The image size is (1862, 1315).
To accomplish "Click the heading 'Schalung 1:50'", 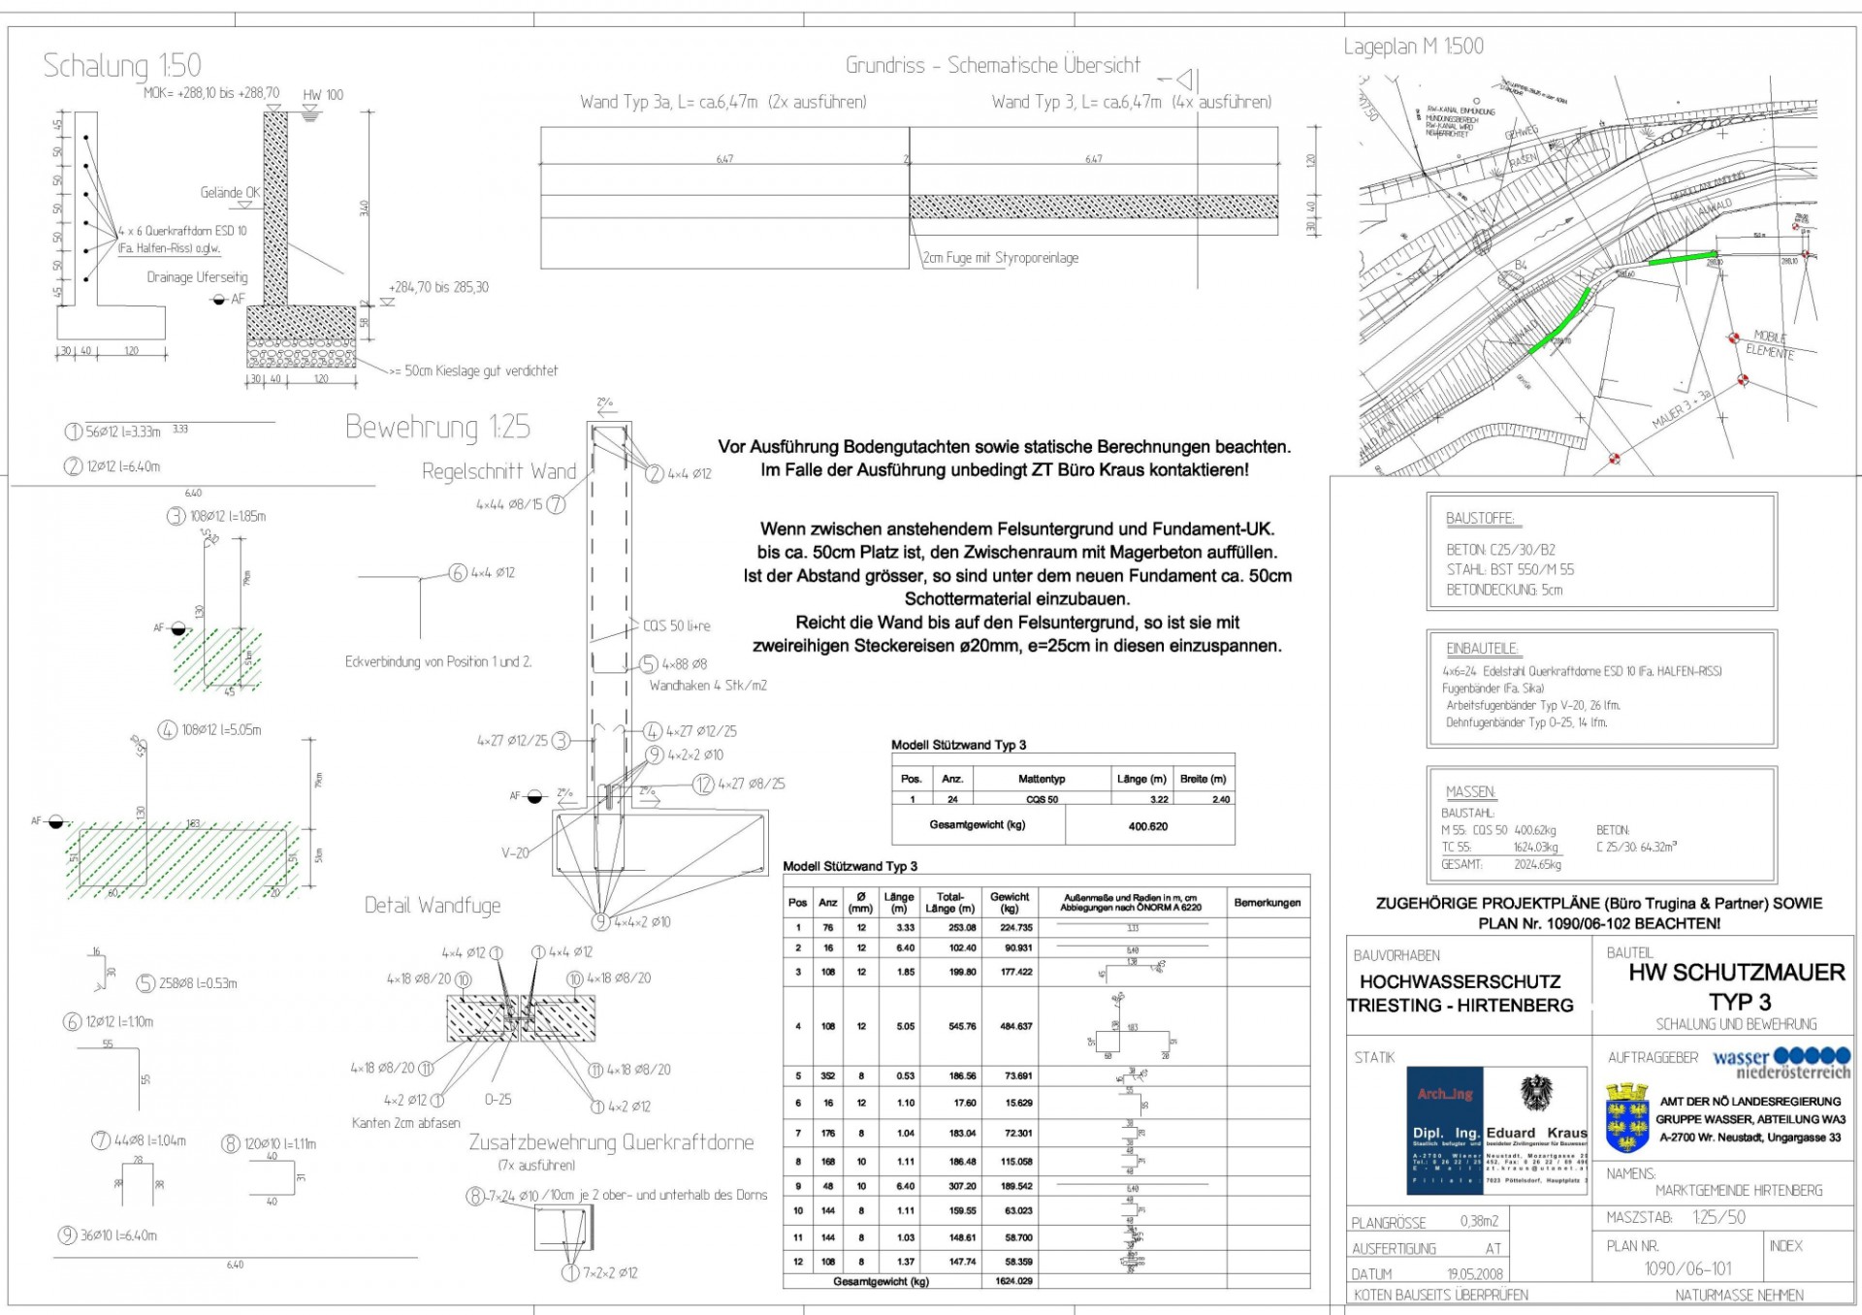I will click(122, 66).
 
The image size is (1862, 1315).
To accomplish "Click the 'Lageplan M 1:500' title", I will click(1413, 47).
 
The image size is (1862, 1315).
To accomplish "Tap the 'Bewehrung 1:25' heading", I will click(437, 427).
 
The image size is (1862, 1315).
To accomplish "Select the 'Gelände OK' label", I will click(230, 193).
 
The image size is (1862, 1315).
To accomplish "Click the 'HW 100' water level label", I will click(323, 95).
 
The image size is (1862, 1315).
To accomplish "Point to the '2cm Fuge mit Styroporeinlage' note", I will click(1000, 258).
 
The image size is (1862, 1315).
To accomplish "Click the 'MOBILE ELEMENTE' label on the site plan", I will click(1771, 344).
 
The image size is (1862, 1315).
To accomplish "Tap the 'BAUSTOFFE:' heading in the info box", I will click(1480, 519).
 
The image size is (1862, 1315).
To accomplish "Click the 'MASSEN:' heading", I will click(1471, 792).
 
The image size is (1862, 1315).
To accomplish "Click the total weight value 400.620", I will click(1148, 826).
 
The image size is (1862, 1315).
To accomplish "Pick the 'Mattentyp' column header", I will click(1042, 779).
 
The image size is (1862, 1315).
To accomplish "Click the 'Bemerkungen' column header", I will click(1267, 903).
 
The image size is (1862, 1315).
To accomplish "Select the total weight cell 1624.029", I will click(1013, 1281).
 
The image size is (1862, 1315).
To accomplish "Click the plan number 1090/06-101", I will click(1688, 1268).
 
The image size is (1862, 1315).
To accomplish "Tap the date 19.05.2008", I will click(1475, 1274).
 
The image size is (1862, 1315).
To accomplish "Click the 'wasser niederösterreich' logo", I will click(1782, 1063).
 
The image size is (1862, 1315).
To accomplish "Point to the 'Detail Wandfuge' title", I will click(433, 906).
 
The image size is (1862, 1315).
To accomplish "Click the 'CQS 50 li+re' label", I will click(676, 626).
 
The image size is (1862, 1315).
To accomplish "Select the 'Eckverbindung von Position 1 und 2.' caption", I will click(438, 662).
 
